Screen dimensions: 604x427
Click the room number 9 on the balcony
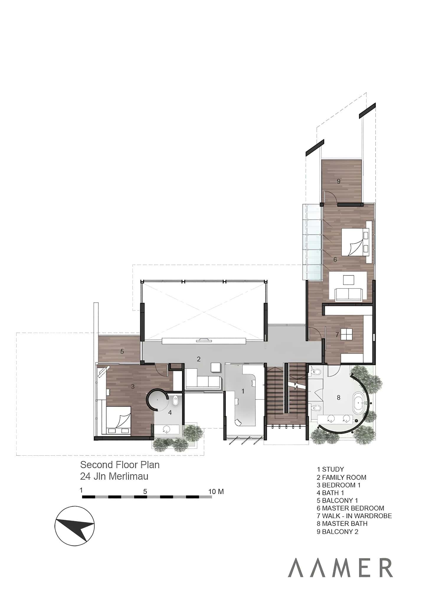pyautogui.click(x=338, y=181)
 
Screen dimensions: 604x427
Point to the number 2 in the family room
pyautogui.click(x=199, y=359)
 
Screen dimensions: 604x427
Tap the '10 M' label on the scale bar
pyautogui.click(x=216, y=492)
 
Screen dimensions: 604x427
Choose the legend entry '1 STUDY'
pyautogui.click(x=330, y=469)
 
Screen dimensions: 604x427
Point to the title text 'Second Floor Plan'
pyautogui.click(x=120, y=465)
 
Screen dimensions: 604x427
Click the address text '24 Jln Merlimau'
pyautogui.click(x=114, y=476)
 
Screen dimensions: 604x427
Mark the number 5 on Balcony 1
pyautogui.click(x=122, y=351)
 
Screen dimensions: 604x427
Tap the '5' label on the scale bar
pyautogui.click(x=145, y=492)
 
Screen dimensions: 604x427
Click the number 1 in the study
pyautogui.click(x=243, y=391)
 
